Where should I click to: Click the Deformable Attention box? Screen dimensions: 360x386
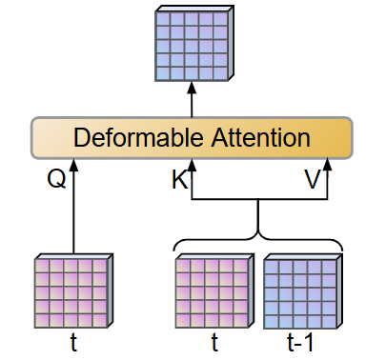(x=192, y=138)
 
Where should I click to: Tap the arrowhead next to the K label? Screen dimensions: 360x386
(x=193, y=167)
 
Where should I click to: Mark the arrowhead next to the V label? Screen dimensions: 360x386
(x=327, y=167)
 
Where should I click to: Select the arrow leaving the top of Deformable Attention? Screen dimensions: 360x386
(x=192, y=100)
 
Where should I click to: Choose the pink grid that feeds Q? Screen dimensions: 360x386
(x=73, y=290)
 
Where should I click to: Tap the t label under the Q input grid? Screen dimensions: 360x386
(x=73, y=342)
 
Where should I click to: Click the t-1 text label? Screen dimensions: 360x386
(x=299, y=342)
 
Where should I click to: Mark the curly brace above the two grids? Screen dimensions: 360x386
(x=258, y=238)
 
